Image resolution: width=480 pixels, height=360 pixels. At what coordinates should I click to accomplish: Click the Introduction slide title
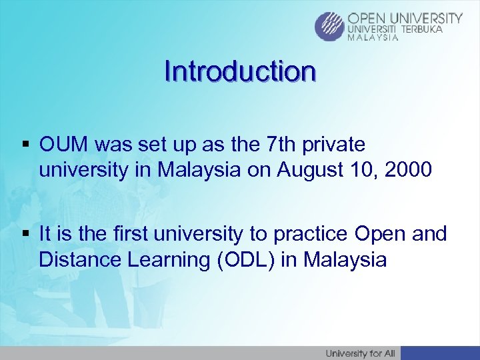tap(240, 71)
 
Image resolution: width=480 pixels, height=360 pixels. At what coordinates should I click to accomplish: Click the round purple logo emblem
tap(329, 27)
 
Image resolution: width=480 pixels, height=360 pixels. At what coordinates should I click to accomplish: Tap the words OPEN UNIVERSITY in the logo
tap(405, 18)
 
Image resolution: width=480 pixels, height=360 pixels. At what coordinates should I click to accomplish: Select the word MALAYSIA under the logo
tap(373, 38)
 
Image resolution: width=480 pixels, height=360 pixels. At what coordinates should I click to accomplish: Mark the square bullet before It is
tap(27, 235)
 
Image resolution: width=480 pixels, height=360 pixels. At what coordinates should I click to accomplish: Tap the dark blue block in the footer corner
tap(440, 353)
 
